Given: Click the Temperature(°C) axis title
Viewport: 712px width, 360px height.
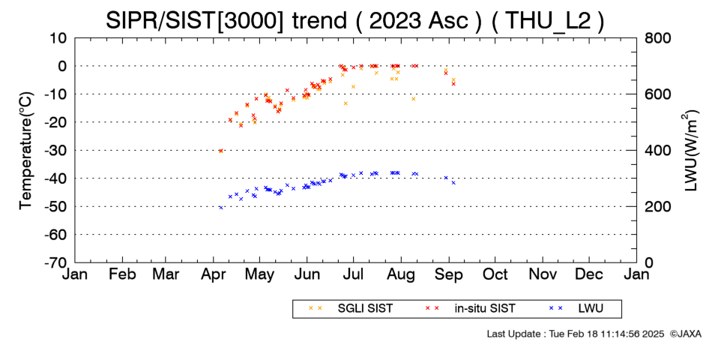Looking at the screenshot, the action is pos(27,151).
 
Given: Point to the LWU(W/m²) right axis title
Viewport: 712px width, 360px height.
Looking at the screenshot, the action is pos(690,151).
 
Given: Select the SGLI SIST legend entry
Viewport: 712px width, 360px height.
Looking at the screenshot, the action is pos(350,309).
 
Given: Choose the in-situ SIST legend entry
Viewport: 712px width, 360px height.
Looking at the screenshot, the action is pos(471,309).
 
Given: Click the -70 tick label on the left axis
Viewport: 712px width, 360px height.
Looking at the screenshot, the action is pos(55,262).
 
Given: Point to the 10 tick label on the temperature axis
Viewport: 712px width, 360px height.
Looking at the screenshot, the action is pos(58,38).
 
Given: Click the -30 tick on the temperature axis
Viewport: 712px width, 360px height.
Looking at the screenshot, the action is pos(55,151).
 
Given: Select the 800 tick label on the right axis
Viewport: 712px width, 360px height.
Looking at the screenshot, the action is pos(657,38).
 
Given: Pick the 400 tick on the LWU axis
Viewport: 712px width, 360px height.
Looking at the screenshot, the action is pos(657,151).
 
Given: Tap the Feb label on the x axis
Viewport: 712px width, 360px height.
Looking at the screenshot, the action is pos(123,274).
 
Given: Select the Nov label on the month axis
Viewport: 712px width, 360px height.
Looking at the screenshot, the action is pos(543,274).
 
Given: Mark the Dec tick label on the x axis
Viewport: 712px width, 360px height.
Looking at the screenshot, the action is pos(589,274).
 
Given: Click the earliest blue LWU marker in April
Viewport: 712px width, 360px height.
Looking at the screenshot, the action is pos(220,207).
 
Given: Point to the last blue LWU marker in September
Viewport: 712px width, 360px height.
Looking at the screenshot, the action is pos(453,183).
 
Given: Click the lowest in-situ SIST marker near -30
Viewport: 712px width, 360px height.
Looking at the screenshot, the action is pos(220,151).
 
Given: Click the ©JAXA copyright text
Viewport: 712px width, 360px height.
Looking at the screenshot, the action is pos(685,334).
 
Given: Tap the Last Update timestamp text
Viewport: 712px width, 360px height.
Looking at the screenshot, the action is pos(576,334).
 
